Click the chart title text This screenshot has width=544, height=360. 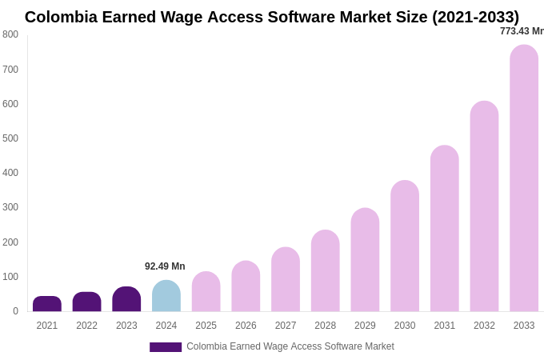point(272,17)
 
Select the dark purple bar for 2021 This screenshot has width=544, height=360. point(47,304)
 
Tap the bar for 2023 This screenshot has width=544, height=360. point(126,299)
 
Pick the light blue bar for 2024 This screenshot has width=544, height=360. point(166,296)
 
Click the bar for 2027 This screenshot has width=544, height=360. point(286,279)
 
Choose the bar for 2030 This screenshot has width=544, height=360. point(405,246)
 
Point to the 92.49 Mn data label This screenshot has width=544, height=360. point(165,266)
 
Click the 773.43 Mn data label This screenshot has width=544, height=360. point(522,31)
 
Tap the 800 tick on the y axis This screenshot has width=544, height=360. point(10,34)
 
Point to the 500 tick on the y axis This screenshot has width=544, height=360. point(10,138)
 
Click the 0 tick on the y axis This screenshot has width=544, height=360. point(15,311)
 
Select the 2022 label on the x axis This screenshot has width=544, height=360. point(86,326)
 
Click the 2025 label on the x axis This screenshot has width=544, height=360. point(206,326)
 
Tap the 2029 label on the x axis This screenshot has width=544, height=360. point(365,326)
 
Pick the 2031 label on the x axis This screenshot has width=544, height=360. point(444,326)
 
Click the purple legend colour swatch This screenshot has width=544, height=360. point(166,347)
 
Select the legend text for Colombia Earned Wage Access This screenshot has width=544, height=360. point(290,346)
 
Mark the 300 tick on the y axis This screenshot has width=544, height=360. point(10,207)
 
